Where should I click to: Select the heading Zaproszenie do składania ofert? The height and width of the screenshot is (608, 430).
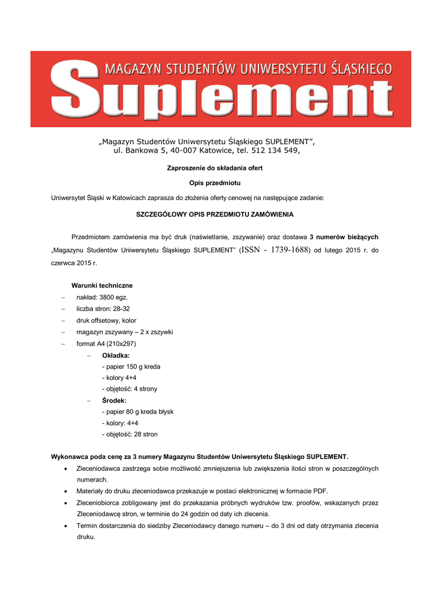215,168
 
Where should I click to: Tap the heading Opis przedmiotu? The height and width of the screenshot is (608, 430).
215,183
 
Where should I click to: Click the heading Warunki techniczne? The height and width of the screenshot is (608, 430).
102,286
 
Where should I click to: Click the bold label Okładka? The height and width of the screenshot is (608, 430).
116,355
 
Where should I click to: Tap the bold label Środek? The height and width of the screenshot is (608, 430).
114,401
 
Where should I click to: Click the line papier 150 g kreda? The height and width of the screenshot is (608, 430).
131,366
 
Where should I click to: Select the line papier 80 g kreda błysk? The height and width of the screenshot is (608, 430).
138,411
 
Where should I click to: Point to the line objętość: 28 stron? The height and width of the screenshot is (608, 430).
130,435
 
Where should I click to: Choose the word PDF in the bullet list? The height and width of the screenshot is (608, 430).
320,492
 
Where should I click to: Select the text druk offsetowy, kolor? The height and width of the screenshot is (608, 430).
106,321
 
